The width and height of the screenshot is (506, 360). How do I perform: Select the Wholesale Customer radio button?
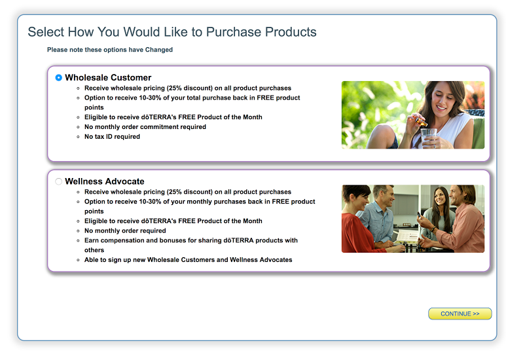58,77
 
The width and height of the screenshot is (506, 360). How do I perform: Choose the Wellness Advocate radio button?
58,181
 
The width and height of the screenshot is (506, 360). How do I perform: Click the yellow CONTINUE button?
460,314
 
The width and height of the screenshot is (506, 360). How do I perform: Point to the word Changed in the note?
159,50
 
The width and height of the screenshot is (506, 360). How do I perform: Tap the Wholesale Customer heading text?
108,77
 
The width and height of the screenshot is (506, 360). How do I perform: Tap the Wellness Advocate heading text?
105,181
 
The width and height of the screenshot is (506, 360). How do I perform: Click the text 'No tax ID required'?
113,136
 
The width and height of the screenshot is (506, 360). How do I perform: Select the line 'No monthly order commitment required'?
145,127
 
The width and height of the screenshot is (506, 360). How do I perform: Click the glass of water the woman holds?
429,137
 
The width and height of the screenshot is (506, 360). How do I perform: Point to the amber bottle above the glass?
421,122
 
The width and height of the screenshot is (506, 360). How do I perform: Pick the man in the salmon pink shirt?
461,219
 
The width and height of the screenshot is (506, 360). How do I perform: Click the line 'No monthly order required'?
125,230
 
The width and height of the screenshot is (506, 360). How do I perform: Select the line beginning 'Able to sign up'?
188,260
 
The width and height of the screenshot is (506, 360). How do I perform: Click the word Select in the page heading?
46,32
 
